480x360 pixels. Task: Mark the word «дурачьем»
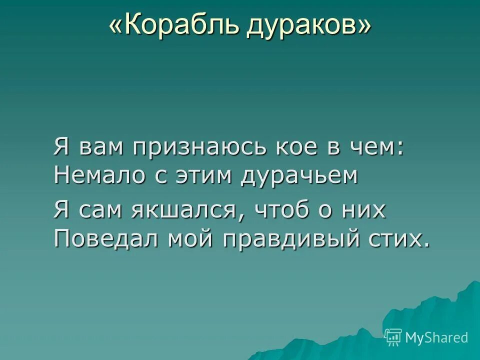(x=300, y=176)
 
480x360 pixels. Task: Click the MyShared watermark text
(x=436, y=337)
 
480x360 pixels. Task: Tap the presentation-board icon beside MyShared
(x=393, y=337)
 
